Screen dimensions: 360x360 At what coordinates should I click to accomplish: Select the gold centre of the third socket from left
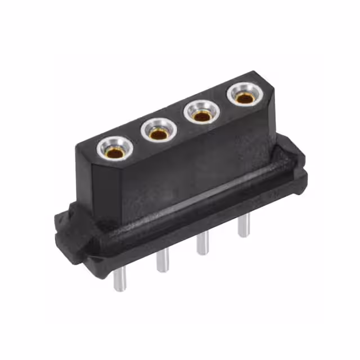coord(200,116)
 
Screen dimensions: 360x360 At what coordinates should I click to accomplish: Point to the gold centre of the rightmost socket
coord(244,98)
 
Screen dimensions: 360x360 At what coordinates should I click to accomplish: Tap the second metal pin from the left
coord(162,259)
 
